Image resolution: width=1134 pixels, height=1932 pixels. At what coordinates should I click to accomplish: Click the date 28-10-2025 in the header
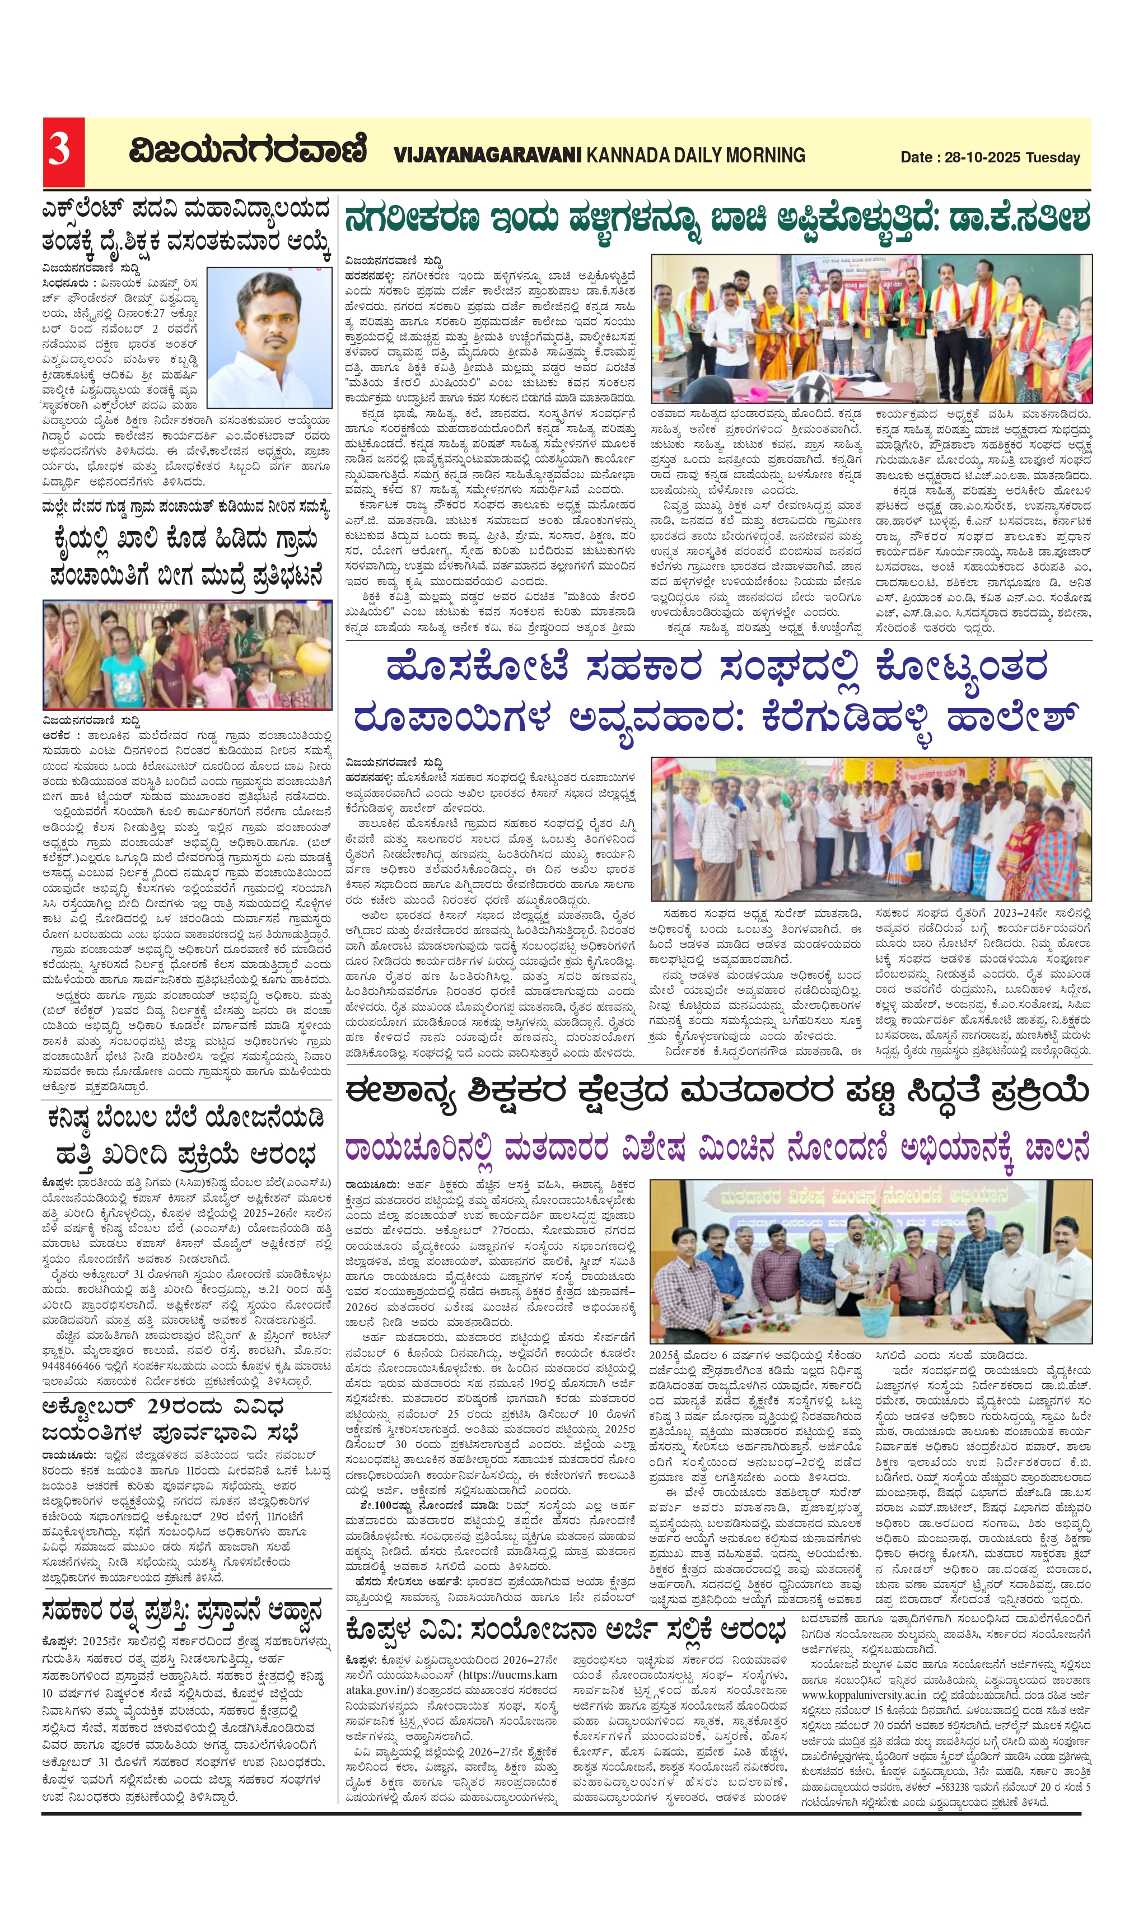point(982,157)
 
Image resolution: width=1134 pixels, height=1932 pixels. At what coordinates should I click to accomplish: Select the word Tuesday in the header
point(1053,157)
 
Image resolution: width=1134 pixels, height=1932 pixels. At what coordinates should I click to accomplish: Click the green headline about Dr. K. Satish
point(717,220)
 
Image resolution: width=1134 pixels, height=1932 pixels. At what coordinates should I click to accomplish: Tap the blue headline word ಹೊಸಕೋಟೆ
point(477,667)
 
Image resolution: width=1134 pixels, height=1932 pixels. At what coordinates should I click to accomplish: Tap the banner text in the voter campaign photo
point(869,1197)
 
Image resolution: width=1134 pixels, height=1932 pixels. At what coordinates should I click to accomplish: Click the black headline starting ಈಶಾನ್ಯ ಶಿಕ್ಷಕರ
point(717,1092)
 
